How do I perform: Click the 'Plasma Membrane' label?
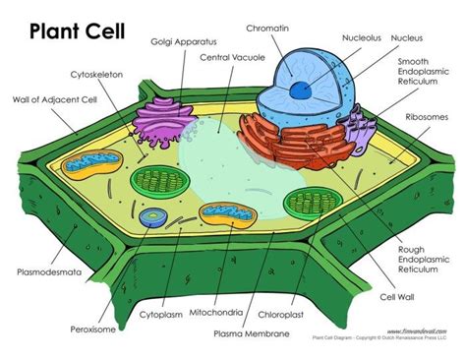coord(254,334)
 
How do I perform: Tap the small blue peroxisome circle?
coord(152,216)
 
